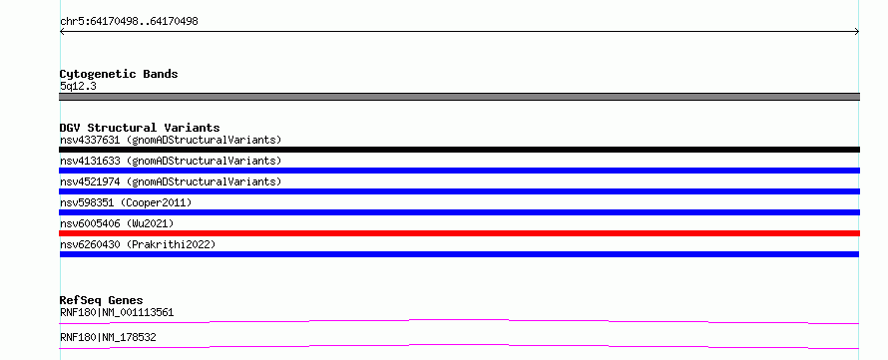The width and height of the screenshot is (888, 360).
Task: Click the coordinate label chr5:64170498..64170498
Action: coord(129,22)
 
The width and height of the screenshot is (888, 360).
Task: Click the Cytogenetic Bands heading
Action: coord(119,74)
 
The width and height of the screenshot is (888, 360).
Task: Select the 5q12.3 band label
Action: coord(78,87)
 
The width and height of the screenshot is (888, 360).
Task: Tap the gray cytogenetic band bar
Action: coord(459,97)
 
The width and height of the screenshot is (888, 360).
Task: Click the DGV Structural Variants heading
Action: coord(140,128)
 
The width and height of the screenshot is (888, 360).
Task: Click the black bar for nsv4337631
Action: coord(459,150)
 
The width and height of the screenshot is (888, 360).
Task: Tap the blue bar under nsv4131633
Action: coord(459,171)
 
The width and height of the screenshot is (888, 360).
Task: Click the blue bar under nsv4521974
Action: coord(459,191)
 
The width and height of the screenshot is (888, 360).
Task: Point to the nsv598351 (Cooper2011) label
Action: coord(126,202)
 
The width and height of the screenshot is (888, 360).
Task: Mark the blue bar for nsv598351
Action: coord(459,212)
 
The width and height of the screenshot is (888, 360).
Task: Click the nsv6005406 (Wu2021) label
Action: coord(117,223)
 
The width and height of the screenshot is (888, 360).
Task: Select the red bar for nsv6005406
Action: coord(459,233)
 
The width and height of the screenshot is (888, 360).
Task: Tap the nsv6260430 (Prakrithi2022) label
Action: coord(138,244)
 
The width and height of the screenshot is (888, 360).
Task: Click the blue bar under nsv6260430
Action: coord(459,254)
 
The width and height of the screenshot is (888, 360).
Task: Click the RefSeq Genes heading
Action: coord(102,300)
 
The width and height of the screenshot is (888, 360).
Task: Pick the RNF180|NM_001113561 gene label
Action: coord(117,312)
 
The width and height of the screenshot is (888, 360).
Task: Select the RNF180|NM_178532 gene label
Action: coord(108,338)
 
